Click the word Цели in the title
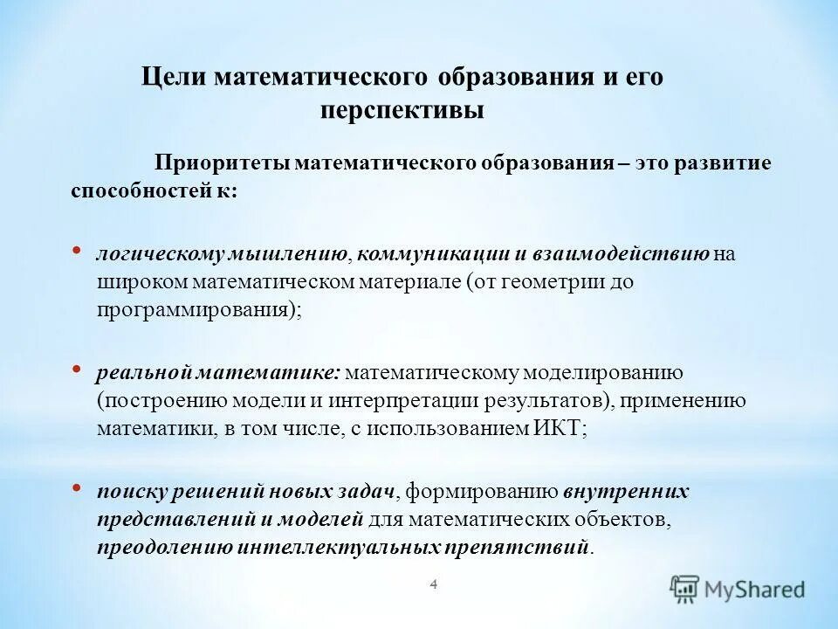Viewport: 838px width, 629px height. [x=173, y=77]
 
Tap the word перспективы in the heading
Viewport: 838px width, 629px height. [x=402, y=112]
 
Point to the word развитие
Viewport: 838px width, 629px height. [x=718, y=164]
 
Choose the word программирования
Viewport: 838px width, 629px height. [x=192, y=310]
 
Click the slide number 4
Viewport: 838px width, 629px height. [x=433, y=584]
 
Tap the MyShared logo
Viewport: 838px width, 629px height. [x=738, y=589]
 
